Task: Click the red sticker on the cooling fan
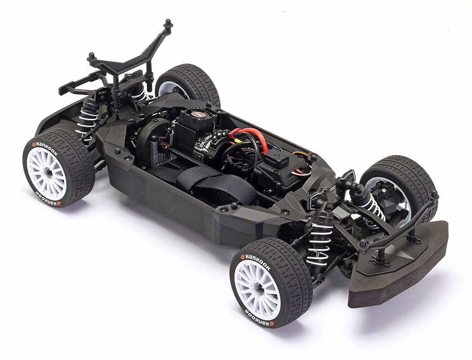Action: tap(198, 114)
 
